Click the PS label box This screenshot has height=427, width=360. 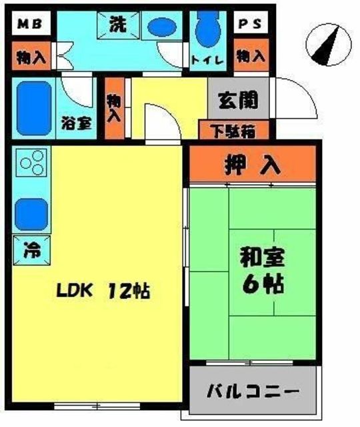click(x=251, y=25)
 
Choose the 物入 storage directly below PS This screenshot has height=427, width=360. click(x=251, y=57)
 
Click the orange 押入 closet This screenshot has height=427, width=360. click(x=251, y=163)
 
